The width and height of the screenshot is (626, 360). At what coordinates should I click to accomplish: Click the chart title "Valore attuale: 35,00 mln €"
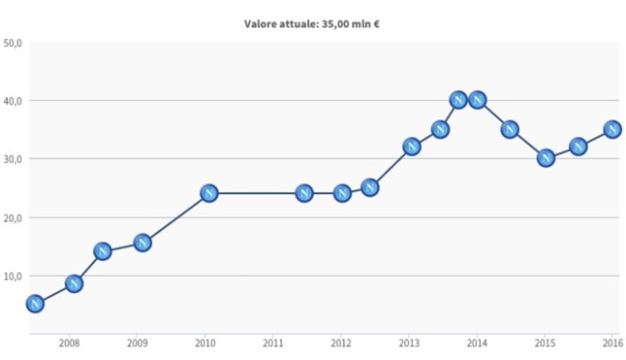coord(312,24)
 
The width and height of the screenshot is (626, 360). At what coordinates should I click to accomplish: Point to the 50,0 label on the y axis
coord(12,42)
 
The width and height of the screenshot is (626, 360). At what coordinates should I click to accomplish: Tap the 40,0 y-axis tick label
coord(12,101)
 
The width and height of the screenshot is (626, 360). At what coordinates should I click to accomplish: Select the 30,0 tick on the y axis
coord(12,159)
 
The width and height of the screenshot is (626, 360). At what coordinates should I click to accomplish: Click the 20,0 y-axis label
coord(12,218)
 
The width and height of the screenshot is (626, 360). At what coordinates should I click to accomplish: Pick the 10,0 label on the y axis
coord(12,276)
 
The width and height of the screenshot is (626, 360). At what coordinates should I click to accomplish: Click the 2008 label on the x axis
coord(69,343)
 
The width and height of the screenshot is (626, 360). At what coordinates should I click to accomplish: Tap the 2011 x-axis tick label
coord(273,343)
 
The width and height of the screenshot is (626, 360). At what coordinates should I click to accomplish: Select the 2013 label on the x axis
coord(409,343)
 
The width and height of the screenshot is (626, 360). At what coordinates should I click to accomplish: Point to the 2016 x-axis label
coord(613,343)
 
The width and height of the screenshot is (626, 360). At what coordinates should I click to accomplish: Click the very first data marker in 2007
coord(35,304)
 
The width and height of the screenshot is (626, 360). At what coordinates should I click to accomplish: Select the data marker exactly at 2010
coord(209,193)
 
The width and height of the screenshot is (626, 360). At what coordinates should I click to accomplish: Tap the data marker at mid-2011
coord(304,193)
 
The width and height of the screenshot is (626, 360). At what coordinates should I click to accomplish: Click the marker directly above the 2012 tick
coord(342,193)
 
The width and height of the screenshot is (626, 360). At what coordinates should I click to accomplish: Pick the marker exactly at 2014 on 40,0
coord(477,100)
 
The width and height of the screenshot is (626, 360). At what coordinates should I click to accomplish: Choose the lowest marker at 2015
coord(546,158)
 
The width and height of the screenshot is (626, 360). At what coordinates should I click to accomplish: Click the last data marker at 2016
coord(612,129)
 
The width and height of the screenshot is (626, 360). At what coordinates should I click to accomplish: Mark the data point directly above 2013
coord(411,147)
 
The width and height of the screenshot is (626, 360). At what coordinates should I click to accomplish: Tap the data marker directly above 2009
coord(143,242)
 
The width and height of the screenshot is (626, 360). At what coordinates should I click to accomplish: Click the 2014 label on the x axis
coord(477,343)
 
